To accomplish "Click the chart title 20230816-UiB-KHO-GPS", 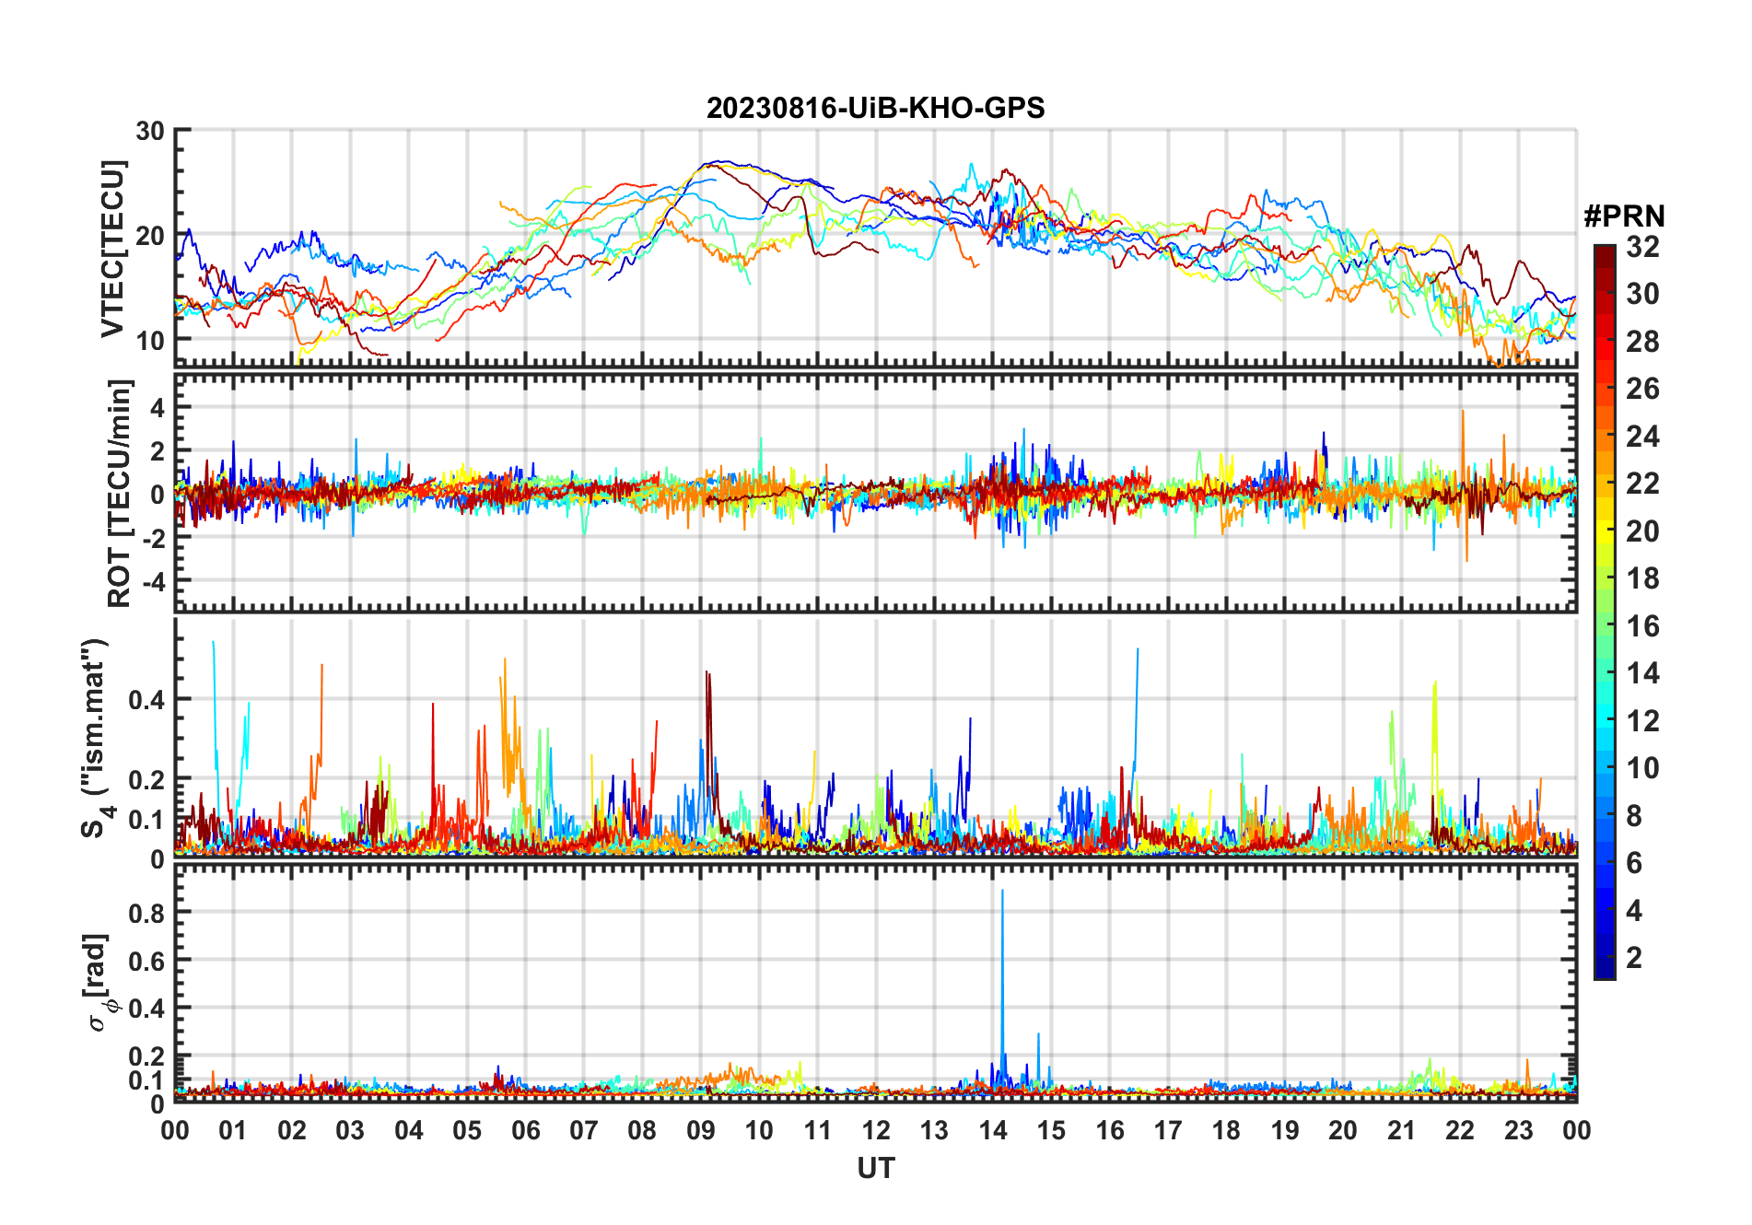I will tap(875, 109).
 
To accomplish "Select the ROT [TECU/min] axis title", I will tap(120, 493).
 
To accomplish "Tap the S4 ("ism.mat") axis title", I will tap(95, 738).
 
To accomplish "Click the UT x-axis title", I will tap(875, 1169).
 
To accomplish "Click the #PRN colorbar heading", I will tap(1624, 216).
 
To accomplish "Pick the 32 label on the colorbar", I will tap(1642, 247).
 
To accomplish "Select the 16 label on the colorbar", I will tap(1642, 626).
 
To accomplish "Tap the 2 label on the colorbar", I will tap(1634, 958).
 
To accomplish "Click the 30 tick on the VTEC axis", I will tap(150, 131).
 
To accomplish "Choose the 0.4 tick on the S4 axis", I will tap(146, 699).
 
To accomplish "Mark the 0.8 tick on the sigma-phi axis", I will tap(146, 913).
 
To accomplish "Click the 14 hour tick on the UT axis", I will tap(992, 1130).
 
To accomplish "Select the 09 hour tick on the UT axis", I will tap(700, 1130).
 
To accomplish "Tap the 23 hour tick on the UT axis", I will tap(1518, 1130).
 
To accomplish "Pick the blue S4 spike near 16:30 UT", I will tap(1138, 652).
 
